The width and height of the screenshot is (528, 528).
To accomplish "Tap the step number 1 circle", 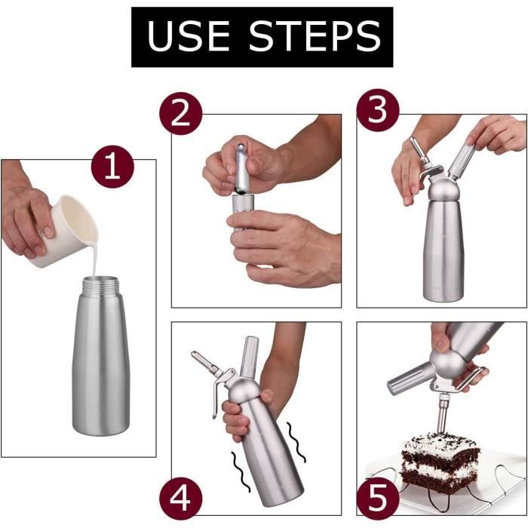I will [x=112, y=167].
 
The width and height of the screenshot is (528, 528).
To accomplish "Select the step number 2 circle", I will [x=181, y=115].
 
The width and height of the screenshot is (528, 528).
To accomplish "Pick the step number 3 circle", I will [x=376, y=111].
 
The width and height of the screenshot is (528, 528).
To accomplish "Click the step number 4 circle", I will [x=181, y=498].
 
